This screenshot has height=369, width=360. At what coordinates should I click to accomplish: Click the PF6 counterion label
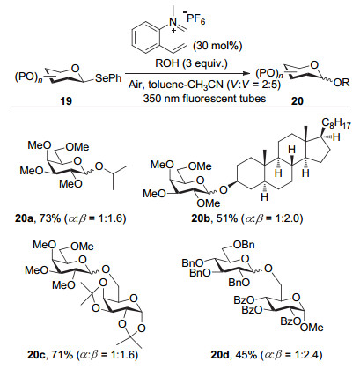[195, 19]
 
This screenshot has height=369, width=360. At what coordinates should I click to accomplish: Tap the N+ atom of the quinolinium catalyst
[173, 23]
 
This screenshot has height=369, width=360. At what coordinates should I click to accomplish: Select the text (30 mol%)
[217, 46]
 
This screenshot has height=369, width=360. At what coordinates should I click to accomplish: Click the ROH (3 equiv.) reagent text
[191, 63]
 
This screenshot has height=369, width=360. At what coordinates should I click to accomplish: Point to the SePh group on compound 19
[108, 78]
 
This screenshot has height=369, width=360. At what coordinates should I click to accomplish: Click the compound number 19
[66, 101]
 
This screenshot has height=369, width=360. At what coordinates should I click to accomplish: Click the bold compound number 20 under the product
[297, 101]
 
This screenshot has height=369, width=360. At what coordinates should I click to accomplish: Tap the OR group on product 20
[342, 83]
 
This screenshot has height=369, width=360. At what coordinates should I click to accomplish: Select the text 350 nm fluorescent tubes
[204, 98]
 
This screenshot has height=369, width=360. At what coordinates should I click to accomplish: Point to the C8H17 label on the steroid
[336, 123]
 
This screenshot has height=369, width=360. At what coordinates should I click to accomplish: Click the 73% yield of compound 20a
[50, 218]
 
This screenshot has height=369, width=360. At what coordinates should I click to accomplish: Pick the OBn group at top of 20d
[244, 244]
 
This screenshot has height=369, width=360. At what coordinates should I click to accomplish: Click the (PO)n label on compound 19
[28, 78]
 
